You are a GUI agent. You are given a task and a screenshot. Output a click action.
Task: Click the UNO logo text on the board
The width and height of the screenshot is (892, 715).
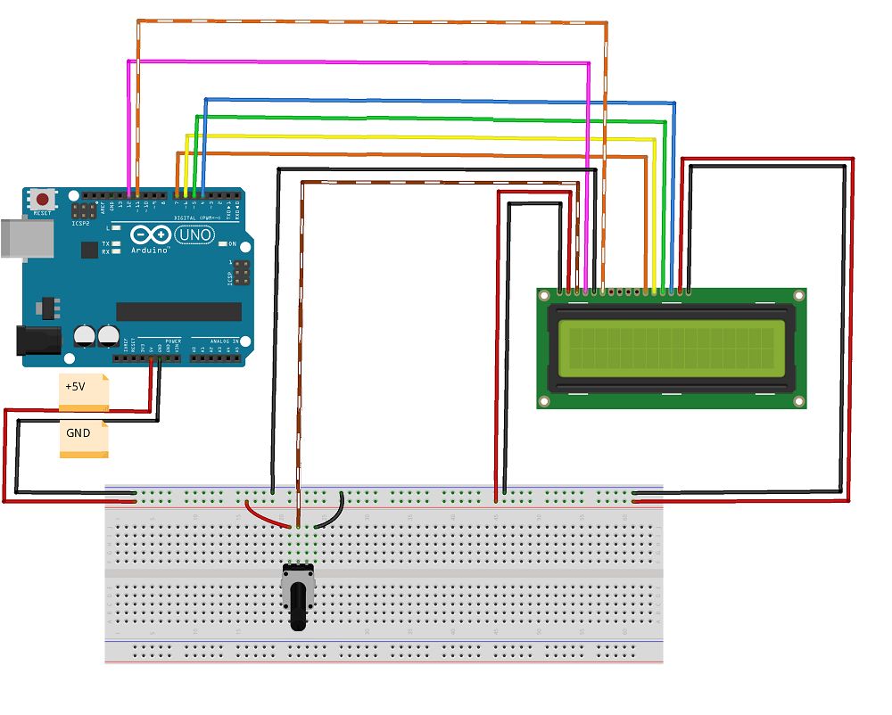pyautogui.click(x=194, y=235)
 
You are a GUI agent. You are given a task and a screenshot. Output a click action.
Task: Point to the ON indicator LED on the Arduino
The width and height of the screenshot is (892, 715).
pyautogui.click(x=221, y=244)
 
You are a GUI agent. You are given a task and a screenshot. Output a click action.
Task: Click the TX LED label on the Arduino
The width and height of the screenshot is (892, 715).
pyautogui.click(x=105, y=243)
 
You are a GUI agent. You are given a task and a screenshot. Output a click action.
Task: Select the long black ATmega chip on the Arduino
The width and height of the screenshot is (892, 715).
pyautogui.click(x=178, y=311)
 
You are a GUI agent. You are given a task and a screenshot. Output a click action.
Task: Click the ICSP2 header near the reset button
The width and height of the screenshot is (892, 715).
pyautogui.click(x=85, y=211)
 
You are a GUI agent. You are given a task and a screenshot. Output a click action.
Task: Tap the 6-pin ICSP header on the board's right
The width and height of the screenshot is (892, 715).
pyautogui.click(x=240, y=275)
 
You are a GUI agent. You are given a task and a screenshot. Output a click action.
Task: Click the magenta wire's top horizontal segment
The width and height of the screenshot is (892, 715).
pyautogui.click(x=357, y=62)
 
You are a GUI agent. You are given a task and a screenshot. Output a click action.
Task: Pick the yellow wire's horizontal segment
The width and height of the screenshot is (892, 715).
pyautogui.click(x=419, y=136)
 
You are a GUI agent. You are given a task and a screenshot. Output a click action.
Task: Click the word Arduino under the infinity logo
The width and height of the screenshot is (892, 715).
pyautogui.click(x=149, y=251)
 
